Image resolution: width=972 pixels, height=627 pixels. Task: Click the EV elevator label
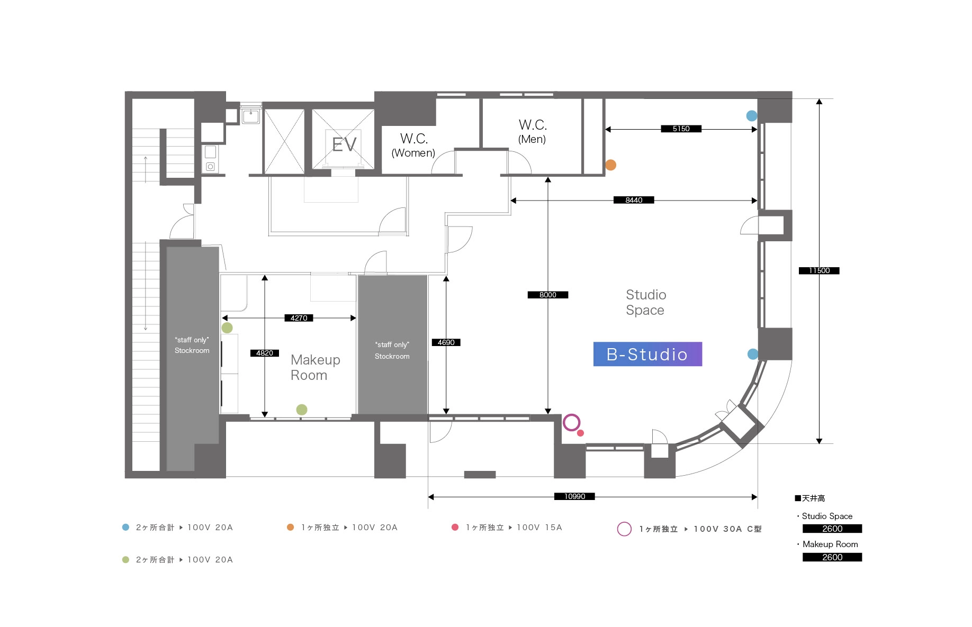click(344, 144)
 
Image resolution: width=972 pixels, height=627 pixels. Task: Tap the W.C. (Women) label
click(413, 146)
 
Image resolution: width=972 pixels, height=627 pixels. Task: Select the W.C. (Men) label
click(533, 132)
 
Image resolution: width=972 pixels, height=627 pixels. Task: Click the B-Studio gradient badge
click(647, 354)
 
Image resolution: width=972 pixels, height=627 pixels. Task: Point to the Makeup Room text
click(315, 367)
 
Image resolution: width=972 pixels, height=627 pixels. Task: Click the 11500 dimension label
click(819, 271)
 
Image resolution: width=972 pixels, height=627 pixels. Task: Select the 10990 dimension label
click(574, 496)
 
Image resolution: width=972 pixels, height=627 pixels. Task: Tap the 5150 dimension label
click(681, 129)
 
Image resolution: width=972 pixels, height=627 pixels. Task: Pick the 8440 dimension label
click(634, 200)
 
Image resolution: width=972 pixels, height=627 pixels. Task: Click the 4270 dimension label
click(299, 318)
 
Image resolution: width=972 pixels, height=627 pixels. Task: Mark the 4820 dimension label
click(265, 353)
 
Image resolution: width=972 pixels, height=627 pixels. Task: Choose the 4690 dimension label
click(446, 342)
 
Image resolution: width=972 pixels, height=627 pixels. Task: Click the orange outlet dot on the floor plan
click(610, 165)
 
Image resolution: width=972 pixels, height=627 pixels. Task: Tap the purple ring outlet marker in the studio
click(571, 422)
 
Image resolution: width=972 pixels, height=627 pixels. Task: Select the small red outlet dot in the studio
click(580, 433)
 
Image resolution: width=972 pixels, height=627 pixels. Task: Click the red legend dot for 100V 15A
click(455, 527)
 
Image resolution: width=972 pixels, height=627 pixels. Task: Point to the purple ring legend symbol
click(624, 529)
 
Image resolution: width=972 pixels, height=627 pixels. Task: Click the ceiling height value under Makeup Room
click(832, 557)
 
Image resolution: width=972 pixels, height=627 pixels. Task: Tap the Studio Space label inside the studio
click(645, 302)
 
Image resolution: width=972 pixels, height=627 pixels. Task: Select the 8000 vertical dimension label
click(547, 295)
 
